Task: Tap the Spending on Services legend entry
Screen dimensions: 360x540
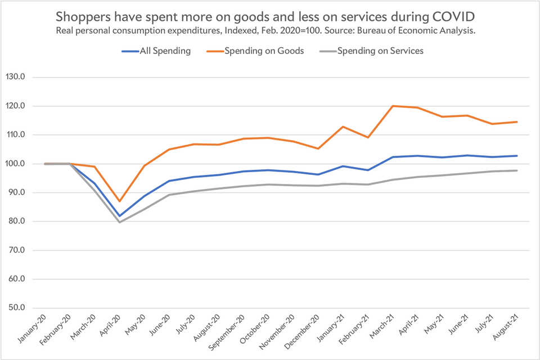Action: (x=380, y=51)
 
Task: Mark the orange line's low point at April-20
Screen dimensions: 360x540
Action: (x=119, y=201)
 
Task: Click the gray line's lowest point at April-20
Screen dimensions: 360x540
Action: (x=119, y=222)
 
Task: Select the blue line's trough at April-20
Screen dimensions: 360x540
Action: (x=119, y=215)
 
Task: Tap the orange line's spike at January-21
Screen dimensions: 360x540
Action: (x=343, y=127)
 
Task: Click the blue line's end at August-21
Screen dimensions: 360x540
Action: (x=517, y=156)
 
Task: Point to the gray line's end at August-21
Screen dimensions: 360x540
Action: (x=517, y=170)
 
